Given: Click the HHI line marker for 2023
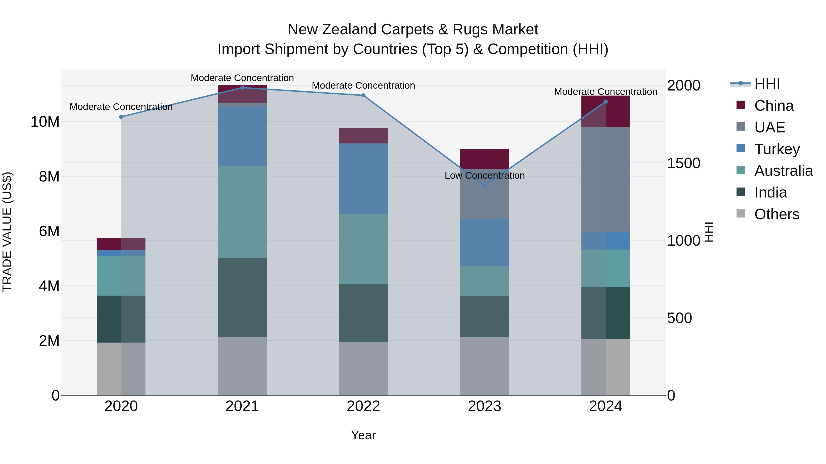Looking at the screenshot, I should (x=485, y=186).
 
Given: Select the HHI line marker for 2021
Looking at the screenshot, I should (x=242, y=88).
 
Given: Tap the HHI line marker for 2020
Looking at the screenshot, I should (x=121, y=117).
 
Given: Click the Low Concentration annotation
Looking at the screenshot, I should (x=485, y=176).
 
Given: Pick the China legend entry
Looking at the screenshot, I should (x=774, y=106).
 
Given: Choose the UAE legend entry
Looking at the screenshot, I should (x=770, y=127).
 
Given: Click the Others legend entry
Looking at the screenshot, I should (x=777, y=214).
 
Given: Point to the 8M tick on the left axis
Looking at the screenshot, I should (x=49, y=176).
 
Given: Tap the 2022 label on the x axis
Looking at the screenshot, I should (x=363, y=406).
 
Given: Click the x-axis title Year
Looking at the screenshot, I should (x=363, y=435).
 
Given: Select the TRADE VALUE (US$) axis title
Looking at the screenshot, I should (x=7, y=232).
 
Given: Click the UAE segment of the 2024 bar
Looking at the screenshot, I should (x=606, y=179).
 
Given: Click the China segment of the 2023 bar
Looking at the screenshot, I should (x=485, y=159).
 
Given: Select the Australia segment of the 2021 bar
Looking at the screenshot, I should (x=242, y=212).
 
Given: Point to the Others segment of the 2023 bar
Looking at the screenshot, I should (x=485, y=366).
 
